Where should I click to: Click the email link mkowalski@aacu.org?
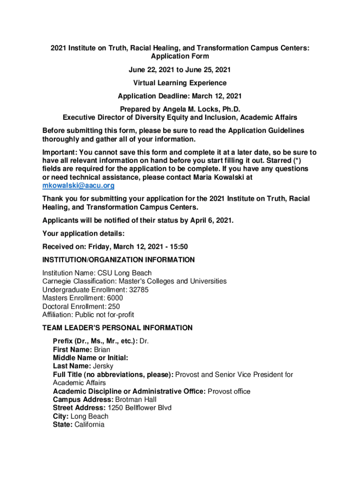point(79,186)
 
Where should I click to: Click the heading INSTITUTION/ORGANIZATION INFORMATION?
point(118,260)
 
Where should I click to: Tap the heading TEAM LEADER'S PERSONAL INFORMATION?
point(117,328)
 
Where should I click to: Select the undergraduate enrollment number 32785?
point(139,290)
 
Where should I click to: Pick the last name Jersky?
point(103,366)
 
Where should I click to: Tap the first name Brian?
point(102,349)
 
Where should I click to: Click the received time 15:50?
point(179,247)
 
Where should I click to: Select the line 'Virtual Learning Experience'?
point(180,83)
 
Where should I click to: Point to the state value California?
point(89,425)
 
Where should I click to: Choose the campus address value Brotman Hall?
point(136,399)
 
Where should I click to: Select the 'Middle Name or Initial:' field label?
point(91,358)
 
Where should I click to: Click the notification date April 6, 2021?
point(211,220)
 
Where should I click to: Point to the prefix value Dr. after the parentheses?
point(144,341)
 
